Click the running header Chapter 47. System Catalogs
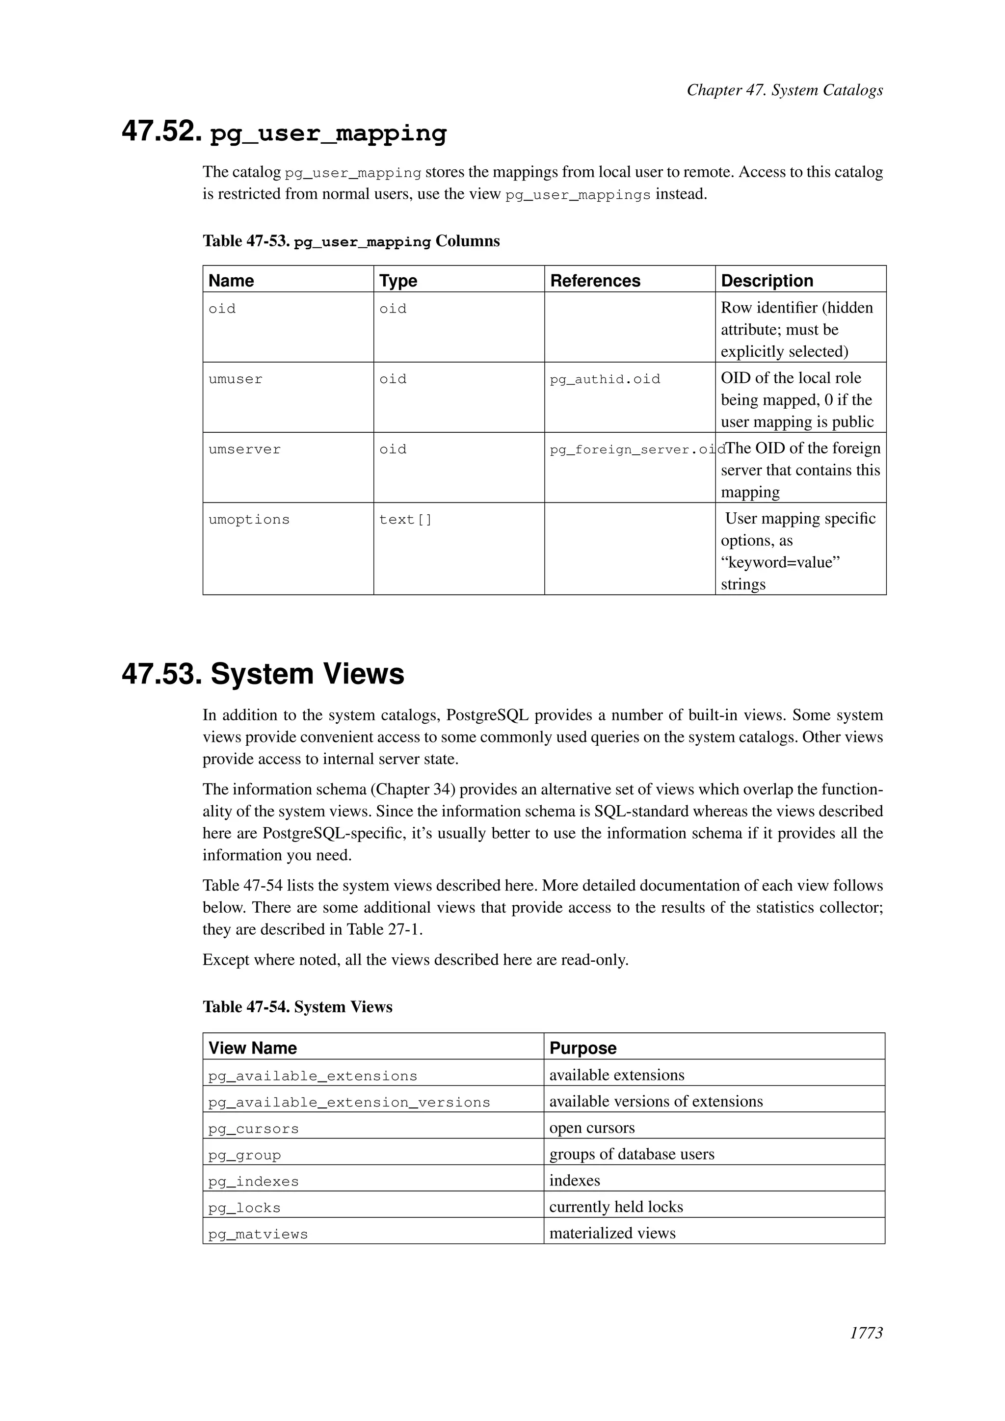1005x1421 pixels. point(784,90)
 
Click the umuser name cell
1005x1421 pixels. point(235,379)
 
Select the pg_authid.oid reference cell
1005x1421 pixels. point(605,379)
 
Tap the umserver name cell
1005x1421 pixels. point(244,449)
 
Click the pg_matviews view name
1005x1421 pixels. point(258,1234)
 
